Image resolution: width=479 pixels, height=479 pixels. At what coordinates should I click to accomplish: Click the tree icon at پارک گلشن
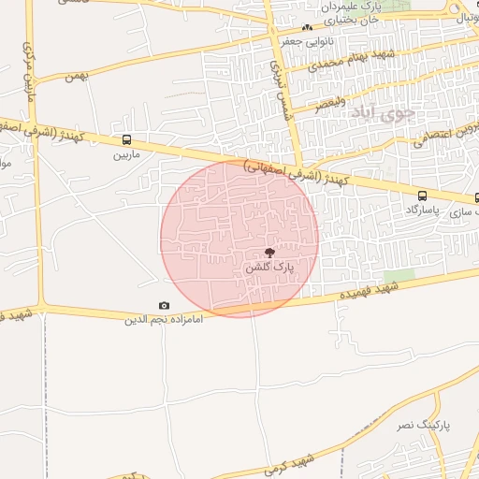[x=269, y=253]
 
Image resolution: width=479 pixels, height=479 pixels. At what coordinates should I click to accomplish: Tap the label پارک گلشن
[x=269, y=268]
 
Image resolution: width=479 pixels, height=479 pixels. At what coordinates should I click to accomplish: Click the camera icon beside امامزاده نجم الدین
[x=165, y=306]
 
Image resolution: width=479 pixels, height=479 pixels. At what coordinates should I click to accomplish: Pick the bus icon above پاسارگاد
[x=422, y=196]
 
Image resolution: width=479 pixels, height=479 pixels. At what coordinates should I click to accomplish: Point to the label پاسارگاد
[x=422, y=210]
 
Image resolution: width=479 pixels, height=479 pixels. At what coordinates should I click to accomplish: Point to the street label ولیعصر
[x=330, y=99]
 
